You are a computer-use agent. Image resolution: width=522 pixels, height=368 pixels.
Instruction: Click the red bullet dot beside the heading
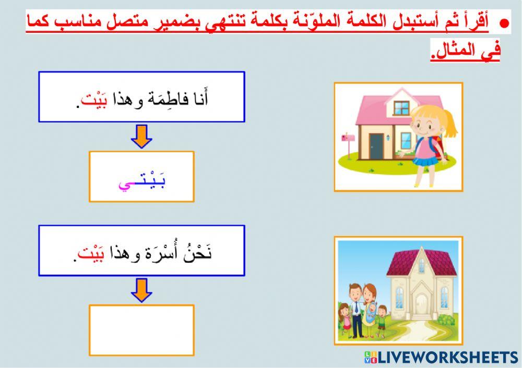click(x=504, y=24)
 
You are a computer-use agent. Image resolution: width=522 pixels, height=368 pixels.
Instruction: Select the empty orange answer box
click(x=141, y=330)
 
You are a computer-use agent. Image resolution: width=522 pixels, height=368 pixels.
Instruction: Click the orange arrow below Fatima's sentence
click(x=141, y=137)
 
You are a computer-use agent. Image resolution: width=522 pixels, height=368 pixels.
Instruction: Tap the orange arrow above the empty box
click(x=141, y=290)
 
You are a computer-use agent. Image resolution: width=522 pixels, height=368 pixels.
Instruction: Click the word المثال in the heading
click(x=454, y=52)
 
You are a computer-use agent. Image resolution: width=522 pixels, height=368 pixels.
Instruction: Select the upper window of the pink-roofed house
click(x=402, y=108)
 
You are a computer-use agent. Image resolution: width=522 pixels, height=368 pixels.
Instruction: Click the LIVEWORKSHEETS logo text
click(x=446, y=357)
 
